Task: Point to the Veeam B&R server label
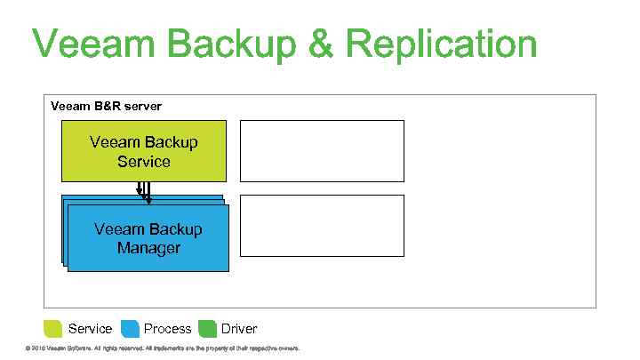coord(106,106)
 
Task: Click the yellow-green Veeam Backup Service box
coord(143,151)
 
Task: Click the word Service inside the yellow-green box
coord(143,162)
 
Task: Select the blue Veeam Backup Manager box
coord(148,238)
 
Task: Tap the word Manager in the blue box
coord(148,248)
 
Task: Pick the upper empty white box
coord(322,151)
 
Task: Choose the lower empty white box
coord(322,226)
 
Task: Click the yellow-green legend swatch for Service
coord(53,329)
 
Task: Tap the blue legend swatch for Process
coord(130,329)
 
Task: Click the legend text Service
coord(90,329)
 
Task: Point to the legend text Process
coord(168,329)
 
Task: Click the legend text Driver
coord(239,329)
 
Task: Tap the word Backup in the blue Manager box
coord(172,229)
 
